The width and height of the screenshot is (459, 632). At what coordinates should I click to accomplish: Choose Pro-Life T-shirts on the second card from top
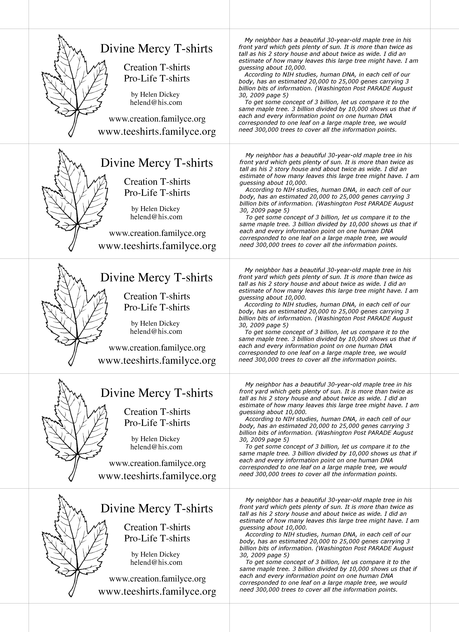[x=157, y=193]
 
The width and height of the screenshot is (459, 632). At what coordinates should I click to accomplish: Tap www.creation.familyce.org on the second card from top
[x=157, y=233]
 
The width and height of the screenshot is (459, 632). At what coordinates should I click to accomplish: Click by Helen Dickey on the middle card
[x=155, y=323]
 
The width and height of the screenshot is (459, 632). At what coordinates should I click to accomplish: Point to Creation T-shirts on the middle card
[x=157, y=296]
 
